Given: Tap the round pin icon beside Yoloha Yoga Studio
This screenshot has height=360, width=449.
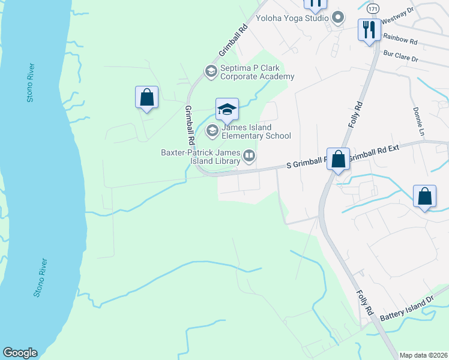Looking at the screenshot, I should (337, 17).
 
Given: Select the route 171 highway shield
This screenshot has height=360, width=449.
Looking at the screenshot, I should (373, 9).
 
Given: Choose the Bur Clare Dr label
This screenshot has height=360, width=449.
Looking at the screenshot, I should (402, 57).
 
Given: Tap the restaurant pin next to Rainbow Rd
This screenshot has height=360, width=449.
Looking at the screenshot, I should (369, 29).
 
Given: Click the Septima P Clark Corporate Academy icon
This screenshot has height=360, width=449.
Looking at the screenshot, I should (211, 71).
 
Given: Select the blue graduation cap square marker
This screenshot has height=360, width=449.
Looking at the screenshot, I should (227, 109).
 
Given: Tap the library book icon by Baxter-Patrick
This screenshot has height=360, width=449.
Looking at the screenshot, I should (249, 157).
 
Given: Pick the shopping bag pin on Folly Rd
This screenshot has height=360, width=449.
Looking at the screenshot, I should (339, 160).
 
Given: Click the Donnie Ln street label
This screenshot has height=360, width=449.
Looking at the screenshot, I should (416, 121).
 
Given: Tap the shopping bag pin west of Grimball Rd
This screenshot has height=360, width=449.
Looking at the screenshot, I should (146, 97).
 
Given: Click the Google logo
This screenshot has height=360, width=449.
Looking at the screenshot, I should (20, 353).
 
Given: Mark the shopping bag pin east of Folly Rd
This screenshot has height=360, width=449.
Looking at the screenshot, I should (424, 197).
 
